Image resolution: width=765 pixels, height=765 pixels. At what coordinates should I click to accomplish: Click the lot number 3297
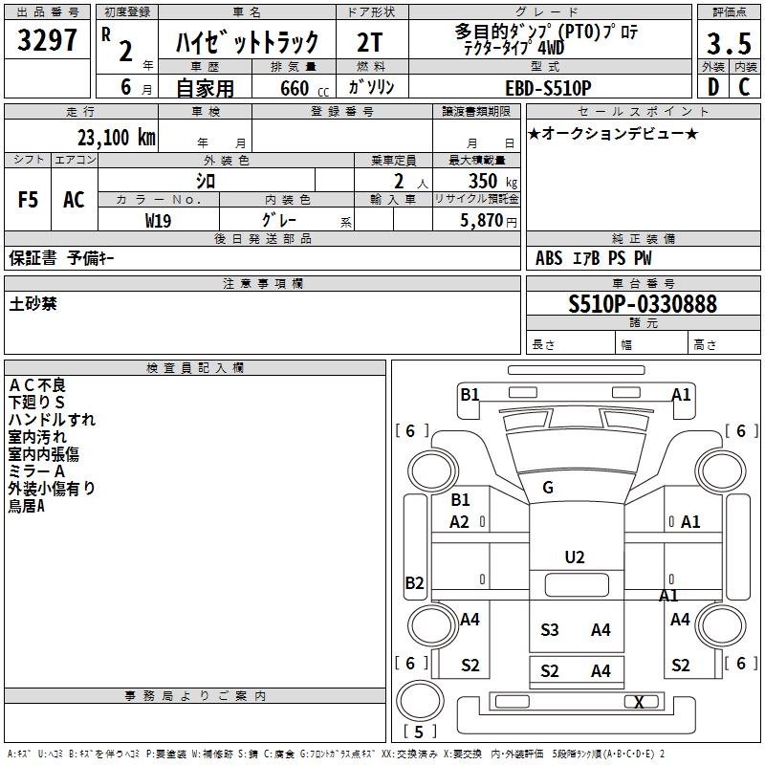point(48,41)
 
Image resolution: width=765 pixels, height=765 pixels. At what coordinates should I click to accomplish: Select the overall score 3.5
point(728,44)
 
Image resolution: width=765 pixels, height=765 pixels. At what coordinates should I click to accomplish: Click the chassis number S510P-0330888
point(642,304)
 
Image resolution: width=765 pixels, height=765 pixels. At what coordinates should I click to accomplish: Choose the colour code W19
point(159,220)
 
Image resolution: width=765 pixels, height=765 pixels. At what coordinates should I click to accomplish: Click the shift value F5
point(29,200)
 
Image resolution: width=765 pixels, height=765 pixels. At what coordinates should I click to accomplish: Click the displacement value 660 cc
point(294,88)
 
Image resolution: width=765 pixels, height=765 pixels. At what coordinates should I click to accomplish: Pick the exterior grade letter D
point(712,87)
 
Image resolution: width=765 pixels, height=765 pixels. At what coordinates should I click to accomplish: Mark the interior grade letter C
point(744,87)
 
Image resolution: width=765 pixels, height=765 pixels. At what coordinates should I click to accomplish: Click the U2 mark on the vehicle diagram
point(575,557)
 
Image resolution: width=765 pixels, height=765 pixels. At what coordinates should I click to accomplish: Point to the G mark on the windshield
point(548,488)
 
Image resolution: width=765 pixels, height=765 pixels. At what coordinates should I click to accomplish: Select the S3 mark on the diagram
point(550,629)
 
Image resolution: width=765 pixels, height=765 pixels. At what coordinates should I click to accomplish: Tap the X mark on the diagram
point(639,702)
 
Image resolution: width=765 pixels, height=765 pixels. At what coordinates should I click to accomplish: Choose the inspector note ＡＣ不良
point(37,384)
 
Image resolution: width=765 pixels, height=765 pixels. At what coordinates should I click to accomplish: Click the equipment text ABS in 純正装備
point(549,258)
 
